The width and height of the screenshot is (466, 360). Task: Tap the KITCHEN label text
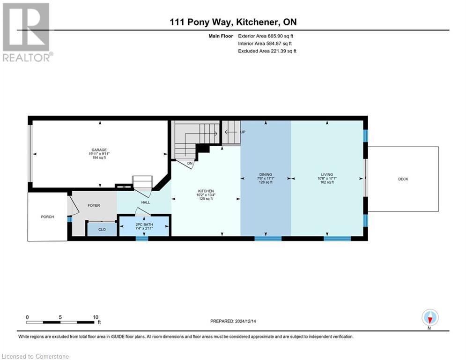(206, 191)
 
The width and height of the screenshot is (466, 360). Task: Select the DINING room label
(266, 174)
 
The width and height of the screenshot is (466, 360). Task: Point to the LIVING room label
(327, 174)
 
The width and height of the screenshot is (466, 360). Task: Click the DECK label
(403, 179)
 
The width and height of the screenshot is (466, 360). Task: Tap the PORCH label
(47, 217)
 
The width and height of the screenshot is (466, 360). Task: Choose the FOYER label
(94, 205)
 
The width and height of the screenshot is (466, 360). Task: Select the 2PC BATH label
(144, 224)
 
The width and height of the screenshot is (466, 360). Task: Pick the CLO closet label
(102, 230)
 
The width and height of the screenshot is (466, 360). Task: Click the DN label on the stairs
(190, 163)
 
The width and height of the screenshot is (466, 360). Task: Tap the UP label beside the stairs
(243, 132)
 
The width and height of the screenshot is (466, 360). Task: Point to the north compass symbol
(429, 318)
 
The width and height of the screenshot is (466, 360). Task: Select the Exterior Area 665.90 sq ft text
(266, 36)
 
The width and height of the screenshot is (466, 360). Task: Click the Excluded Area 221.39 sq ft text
(267, 51)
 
